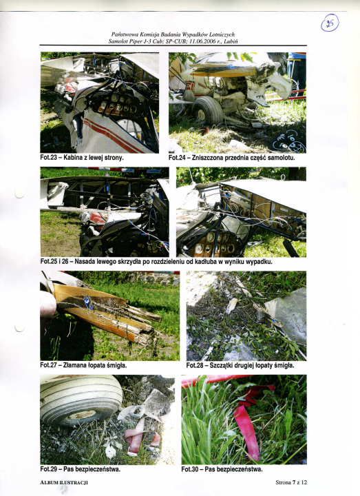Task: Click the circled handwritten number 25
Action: (x=330, y=23)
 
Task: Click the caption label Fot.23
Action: (x=48, y=158)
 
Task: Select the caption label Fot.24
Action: (x=177, y=158)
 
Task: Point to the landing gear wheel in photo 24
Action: (x=207, y=111)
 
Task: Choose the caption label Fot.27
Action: (x=48, y=365)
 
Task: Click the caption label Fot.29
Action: (x=48, y=469)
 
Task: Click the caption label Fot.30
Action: (x=189, y=469)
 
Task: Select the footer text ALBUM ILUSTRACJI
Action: (x=64, y=482)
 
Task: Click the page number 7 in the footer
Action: (x=294, y=482)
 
